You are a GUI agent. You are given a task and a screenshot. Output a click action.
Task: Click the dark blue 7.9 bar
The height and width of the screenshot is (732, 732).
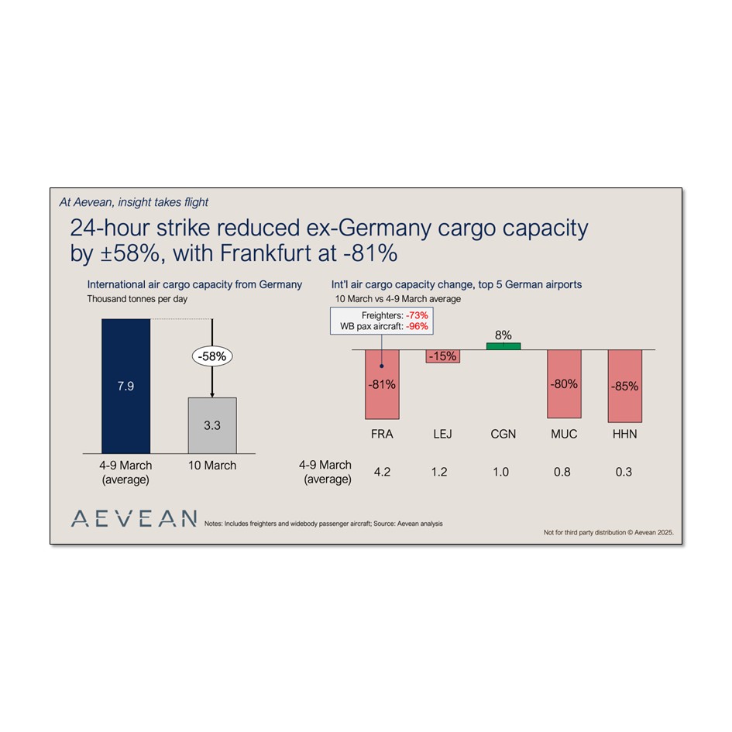[125, 385]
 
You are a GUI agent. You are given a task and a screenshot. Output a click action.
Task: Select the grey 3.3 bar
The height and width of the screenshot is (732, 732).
[212, 425]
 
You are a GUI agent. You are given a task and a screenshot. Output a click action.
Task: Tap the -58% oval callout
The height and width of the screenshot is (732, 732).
[212, 358]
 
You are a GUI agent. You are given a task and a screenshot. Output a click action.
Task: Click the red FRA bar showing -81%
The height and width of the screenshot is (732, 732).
[382, 384]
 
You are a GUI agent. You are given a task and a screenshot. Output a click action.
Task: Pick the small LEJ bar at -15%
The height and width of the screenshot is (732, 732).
[442, 356]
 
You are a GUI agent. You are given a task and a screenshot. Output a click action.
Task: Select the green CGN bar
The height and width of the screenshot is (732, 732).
[503, 345]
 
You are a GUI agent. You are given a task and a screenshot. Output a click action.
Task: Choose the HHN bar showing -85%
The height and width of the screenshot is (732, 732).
[624, 386]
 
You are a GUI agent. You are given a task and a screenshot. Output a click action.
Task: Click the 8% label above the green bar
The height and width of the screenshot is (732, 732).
[503, 335]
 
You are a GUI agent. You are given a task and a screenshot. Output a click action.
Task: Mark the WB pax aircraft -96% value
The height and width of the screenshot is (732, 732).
[417, 326]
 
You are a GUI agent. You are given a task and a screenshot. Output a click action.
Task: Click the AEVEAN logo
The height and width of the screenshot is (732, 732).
[133, 519]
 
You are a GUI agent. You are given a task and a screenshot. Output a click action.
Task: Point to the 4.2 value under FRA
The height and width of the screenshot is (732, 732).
[382, 472]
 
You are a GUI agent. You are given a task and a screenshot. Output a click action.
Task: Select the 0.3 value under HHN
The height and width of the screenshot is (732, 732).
[624, 472]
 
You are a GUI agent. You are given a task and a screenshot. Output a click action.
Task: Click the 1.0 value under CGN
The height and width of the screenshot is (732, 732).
[500, 472]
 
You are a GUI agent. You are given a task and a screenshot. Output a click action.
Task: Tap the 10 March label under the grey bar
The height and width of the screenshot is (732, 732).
[212, 466]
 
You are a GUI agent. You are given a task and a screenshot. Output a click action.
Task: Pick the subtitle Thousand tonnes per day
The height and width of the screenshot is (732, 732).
[136, 298]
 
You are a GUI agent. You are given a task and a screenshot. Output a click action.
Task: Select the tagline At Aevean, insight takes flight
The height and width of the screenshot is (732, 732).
[134, 202]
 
